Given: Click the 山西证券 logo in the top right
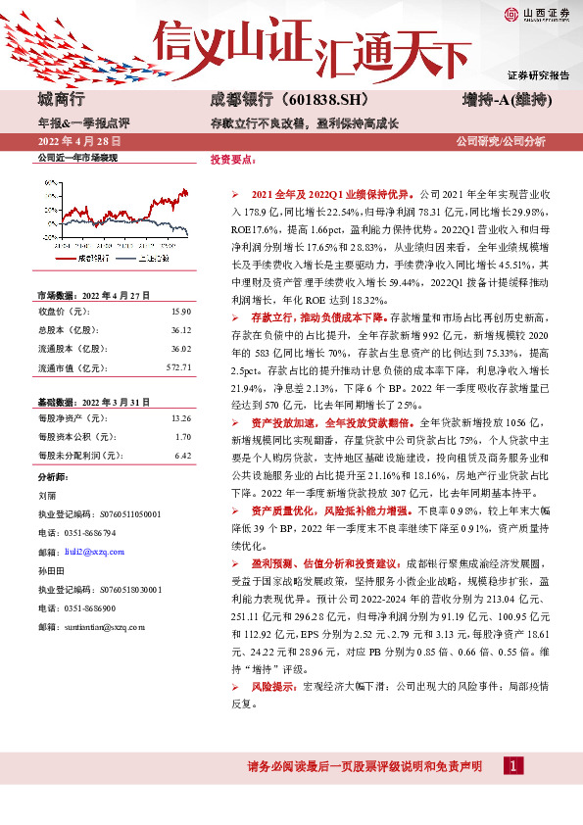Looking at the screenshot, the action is coord(536,14).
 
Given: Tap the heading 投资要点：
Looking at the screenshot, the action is coord(231,158).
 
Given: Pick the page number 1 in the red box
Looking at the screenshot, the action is coord(511,794).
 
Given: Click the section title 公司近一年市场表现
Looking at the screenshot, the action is coord(77,158).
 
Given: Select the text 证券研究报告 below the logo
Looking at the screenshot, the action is coord(538,75).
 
